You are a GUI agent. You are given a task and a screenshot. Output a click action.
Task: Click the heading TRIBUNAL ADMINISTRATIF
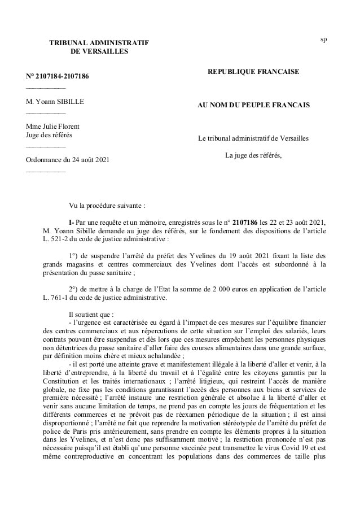(x=99, y=42)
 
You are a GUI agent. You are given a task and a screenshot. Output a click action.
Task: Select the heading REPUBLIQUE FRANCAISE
(x=253, y=72)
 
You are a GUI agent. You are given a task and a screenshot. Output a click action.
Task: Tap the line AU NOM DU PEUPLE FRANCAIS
(x=253, y=105)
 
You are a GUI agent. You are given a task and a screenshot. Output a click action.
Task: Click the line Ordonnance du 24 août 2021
(x=68, y=160)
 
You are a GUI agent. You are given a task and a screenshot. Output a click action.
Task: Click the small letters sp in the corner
(x=323, y=39)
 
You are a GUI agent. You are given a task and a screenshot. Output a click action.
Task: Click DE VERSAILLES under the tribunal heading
(x=99, y=51)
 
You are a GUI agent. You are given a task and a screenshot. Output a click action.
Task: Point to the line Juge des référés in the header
(x=49, y=134)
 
